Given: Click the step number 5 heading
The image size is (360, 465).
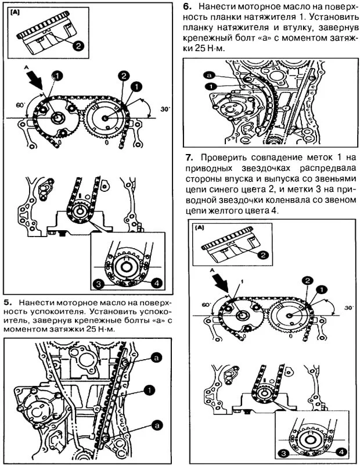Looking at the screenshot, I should coord(6,303).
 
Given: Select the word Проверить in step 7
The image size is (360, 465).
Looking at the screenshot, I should coord(221,158).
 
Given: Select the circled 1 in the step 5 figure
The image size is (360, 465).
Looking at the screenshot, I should coord(150,389).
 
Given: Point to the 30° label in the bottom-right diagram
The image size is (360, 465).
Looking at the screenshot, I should coord(348,308).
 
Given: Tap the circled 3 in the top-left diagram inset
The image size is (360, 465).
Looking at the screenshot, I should coord(99,284).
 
